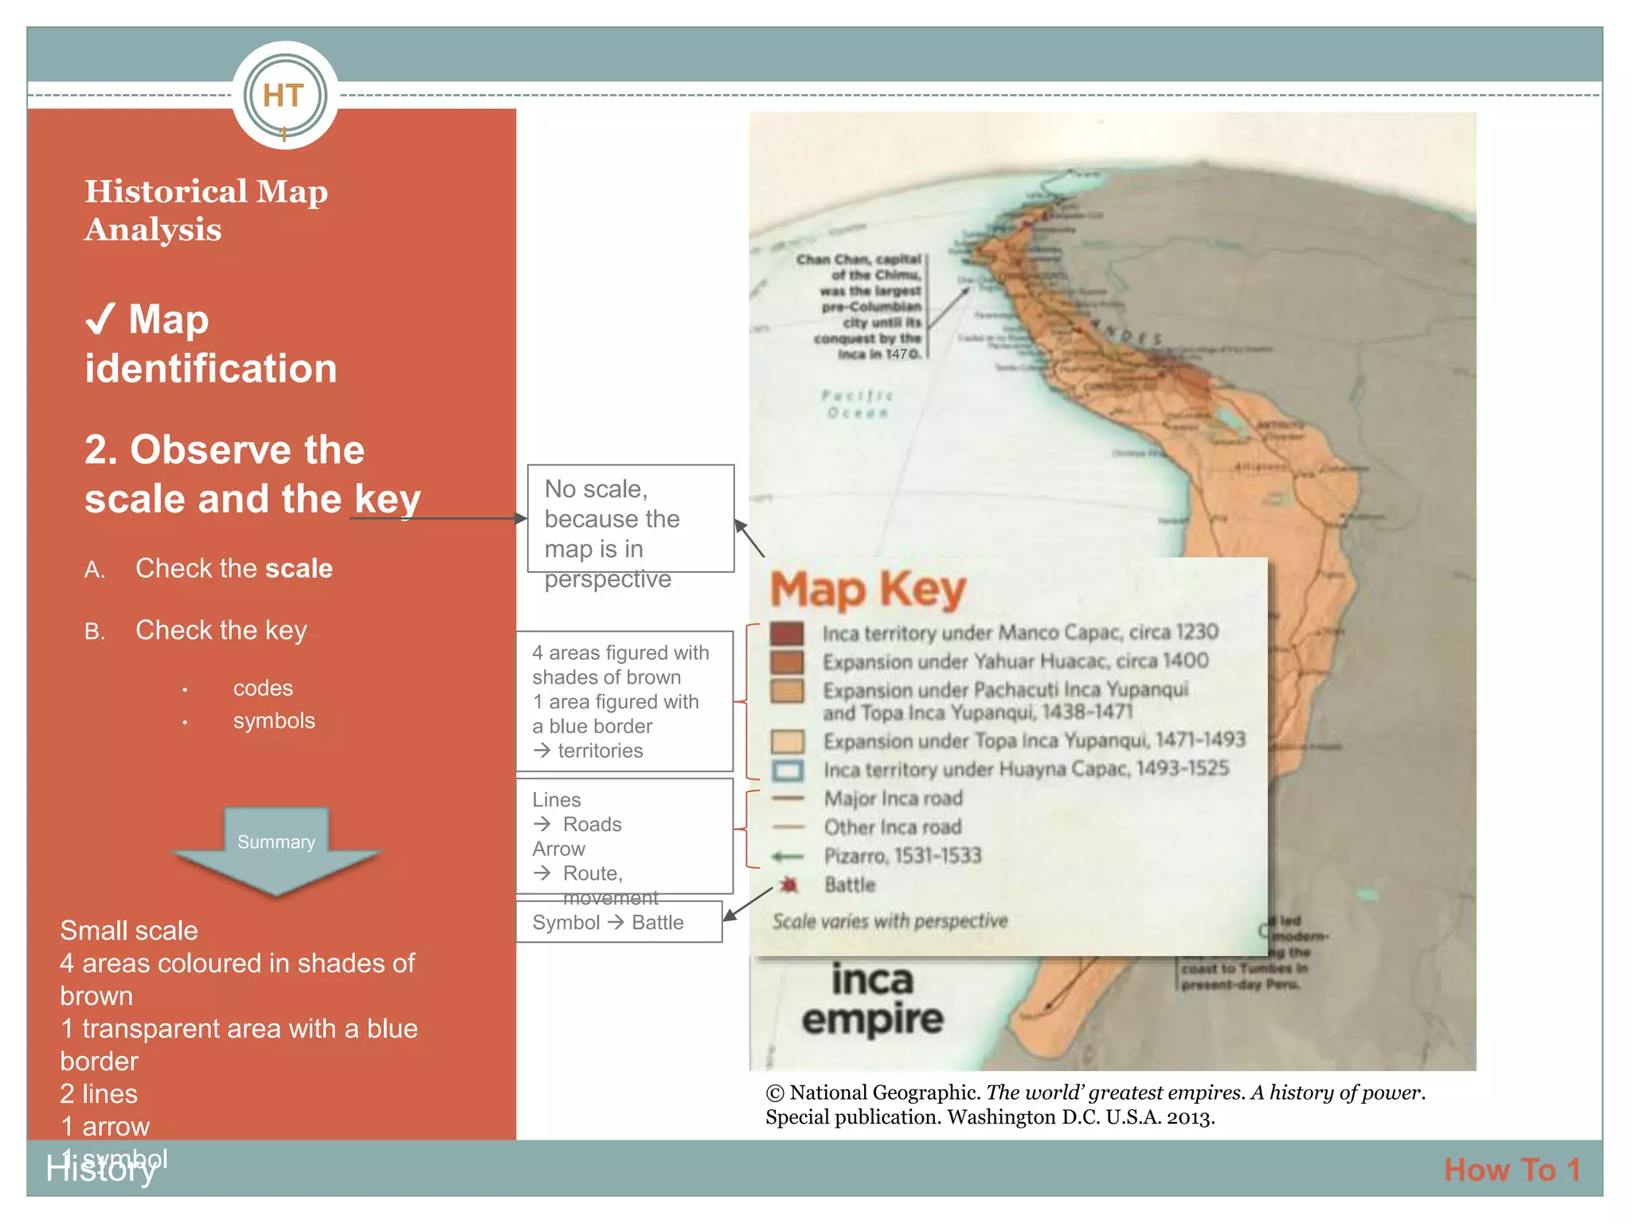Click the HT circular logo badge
[284, 96]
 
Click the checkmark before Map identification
[101, 320]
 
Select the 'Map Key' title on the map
[868, 589]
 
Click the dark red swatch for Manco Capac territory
[787, 634]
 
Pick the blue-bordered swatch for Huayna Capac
[788, 771]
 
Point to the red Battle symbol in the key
[788, 885]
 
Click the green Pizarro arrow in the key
[788, 857]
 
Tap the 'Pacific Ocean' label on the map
[857, 404]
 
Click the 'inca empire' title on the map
[873, 999]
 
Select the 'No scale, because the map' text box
[630, 519]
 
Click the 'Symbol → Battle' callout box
[619, 922]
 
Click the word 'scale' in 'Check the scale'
[299, 568]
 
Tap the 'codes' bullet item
[263, 688]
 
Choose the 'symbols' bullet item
[274, 720]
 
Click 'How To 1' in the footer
[1512, 1170]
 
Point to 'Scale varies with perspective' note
[890, 921]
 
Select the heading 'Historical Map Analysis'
[205, 210]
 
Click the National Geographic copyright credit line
[1095, 1104]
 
